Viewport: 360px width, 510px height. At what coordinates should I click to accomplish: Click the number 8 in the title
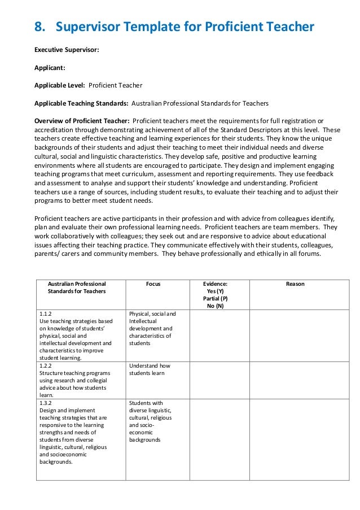39,27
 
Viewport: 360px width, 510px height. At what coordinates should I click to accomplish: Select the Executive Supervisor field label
67,50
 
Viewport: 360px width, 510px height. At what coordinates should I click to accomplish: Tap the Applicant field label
50,68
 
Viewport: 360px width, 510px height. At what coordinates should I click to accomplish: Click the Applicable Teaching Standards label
82,104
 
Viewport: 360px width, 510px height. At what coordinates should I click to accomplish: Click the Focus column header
153,284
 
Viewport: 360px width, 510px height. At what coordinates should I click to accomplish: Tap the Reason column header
295,284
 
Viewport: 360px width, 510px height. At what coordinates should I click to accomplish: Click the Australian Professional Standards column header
77,287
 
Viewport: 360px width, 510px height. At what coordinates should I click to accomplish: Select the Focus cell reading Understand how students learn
150,369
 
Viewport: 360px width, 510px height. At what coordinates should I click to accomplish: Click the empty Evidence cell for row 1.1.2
219,335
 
